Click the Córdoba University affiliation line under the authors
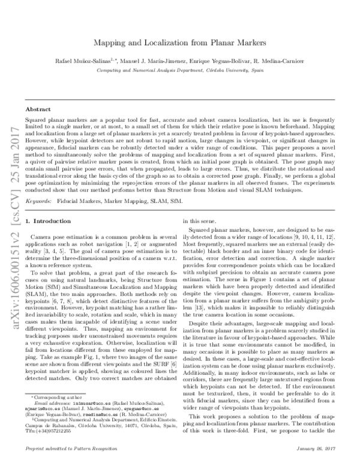pyautogui.click(x=179, y=70)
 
